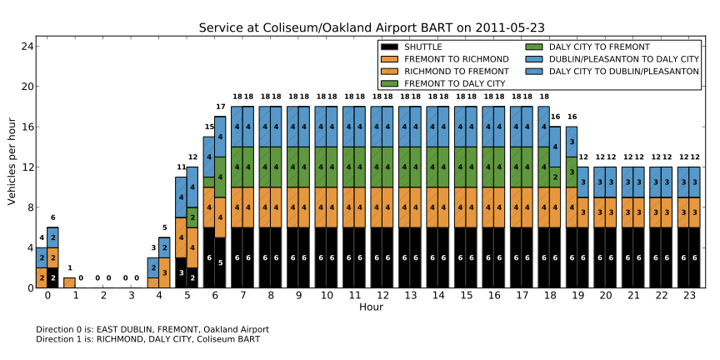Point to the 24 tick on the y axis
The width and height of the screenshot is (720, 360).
click(27, 46)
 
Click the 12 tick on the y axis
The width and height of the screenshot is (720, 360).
click(27, 167)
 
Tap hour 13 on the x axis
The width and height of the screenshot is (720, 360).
click(411, 296)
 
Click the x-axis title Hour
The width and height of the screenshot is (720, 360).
click(371, 307)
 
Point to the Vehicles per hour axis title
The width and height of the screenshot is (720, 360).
click(12, 167)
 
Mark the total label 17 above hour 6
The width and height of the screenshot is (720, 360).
click(221, 107)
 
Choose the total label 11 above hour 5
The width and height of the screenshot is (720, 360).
click(181, 167)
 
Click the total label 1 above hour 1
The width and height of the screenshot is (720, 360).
click(69, 268)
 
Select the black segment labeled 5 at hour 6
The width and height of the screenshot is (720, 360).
click(220, 262)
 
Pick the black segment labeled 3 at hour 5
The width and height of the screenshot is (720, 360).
click(181, 272)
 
